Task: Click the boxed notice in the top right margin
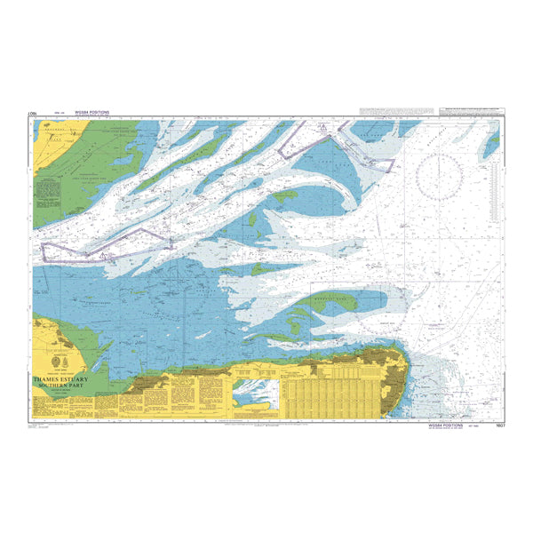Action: click(x=467, y=110)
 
